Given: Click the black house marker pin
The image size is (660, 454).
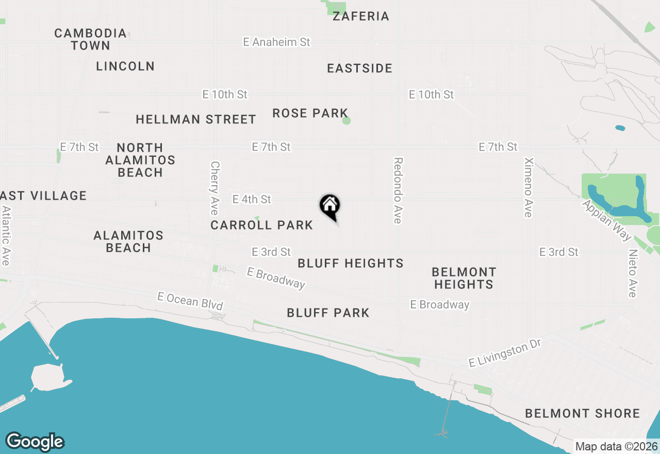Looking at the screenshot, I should (x=330, y=207).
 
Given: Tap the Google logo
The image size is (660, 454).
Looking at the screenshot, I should (x=35, y=442).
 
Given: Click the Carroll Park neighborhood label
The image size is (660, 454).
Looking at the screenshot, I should (x=261, y=225).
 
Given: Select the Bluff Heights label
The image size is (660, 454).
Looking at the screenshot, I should (x=351, y=263).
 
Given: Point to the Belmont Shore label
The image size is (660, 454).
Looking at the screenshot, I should (x=583, y=413).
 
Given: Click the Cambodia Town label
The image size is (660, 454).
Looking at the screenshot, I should (x=91, y=39).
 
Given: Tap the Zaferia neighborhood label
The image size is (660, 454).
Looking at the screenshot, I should (x=360, y=16).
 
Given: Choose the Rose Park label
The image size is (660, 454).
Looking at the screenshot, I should (x=310, y=113).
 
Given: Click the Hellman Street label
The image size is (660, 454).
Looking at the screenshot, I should (x=196, y=119).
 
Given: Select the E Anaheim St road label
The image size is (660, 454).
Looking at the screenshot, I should (x=277, y=42).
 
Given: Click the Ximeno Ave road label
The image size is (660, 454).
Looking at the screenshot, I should (x=528, y=187).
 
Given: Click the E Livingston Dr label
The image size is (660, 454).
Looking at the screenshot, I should (x=504, y=355).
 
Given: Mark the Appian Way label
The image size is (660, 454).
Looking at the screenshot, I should (x=607, y=220).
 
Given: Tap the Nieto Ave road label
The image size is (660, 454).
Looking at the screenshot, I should (x=633, y=273).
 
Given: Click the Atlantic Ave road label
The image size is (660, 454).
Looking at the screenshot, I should (x=6, y=236).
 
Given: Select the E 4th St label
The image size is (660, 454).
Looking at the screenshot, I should (x=252, y=199).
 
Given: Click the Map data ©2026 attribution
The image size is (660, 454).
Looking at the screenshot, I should (x=617, y=446).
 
